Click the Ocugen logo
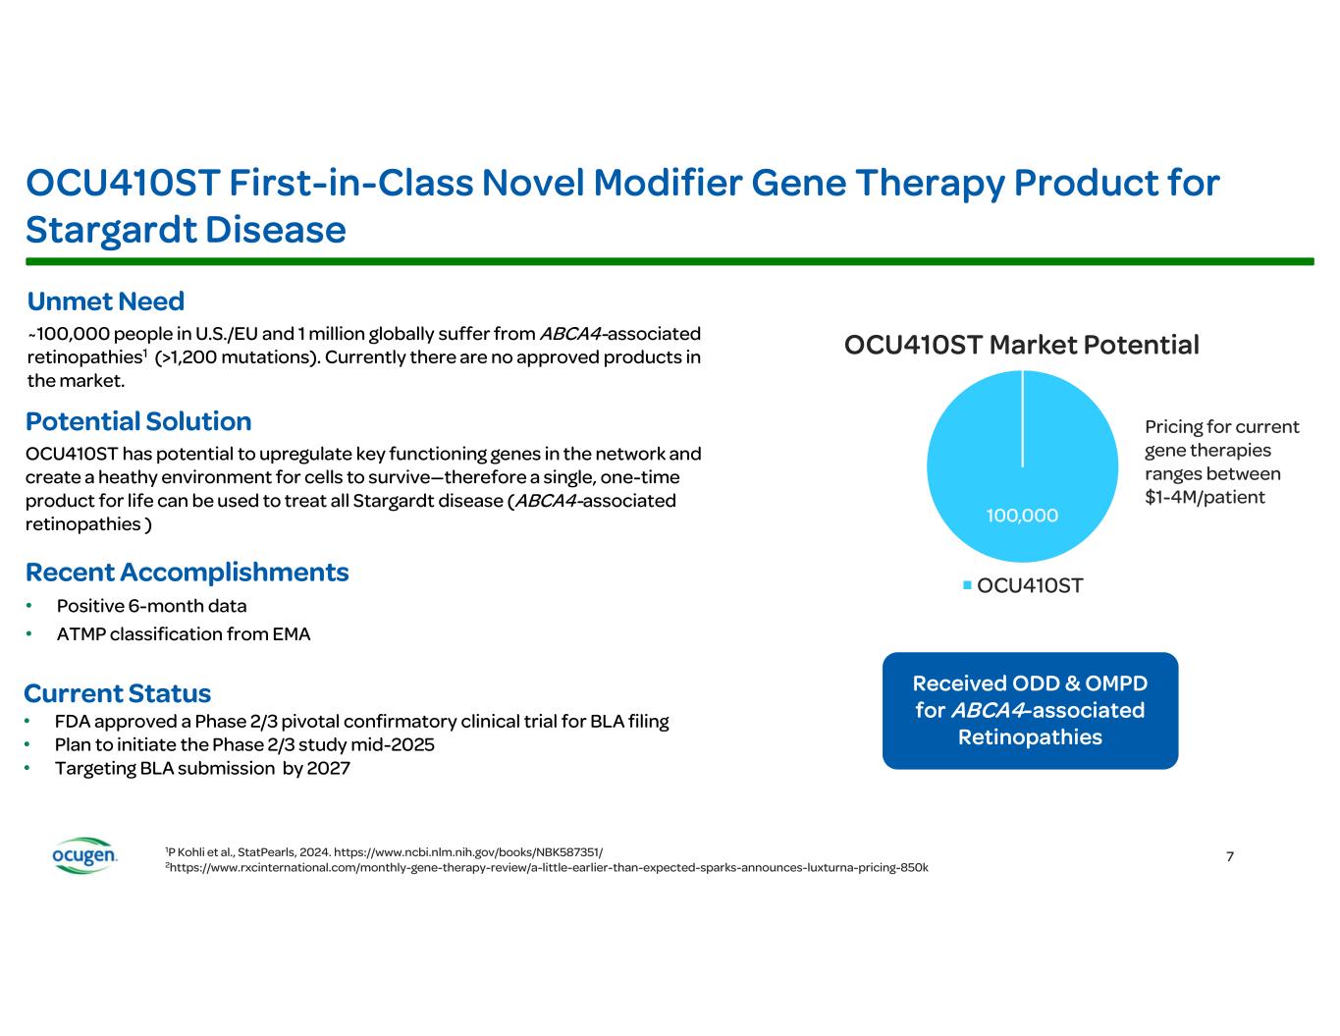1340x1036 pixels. (84, 854)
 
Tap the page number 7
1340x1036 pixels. (1230, 856)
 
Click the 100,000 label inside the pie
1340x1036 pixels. (1022, 515)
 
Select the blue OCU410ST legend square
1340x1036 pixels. (967, 584)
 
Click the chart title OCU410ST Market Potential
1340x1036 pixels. (1021, 345)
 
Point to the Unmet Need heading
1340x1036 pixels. (105, 300)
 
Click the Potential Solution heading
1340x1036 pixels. (138, 421)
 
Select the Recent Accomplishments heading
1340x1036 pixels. (187, 573)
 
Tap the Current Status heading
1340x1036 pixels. (117, 693)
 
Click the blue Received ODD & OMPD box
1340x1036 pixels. (1030, 710)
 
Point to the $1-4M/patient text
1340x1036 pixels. (1205, 497)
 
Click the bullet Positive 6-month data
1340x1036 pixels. (151, 606)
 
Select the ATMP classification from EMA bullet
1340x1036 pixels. (184, 634)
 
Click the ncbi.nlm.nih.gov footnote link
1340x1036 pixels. (468, 852)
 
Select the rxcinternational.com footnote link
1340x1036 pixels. (548, 868)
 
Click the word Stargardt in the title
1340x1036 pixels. (110, 231)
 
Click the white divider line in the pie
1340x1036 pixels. (1022, 418)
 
